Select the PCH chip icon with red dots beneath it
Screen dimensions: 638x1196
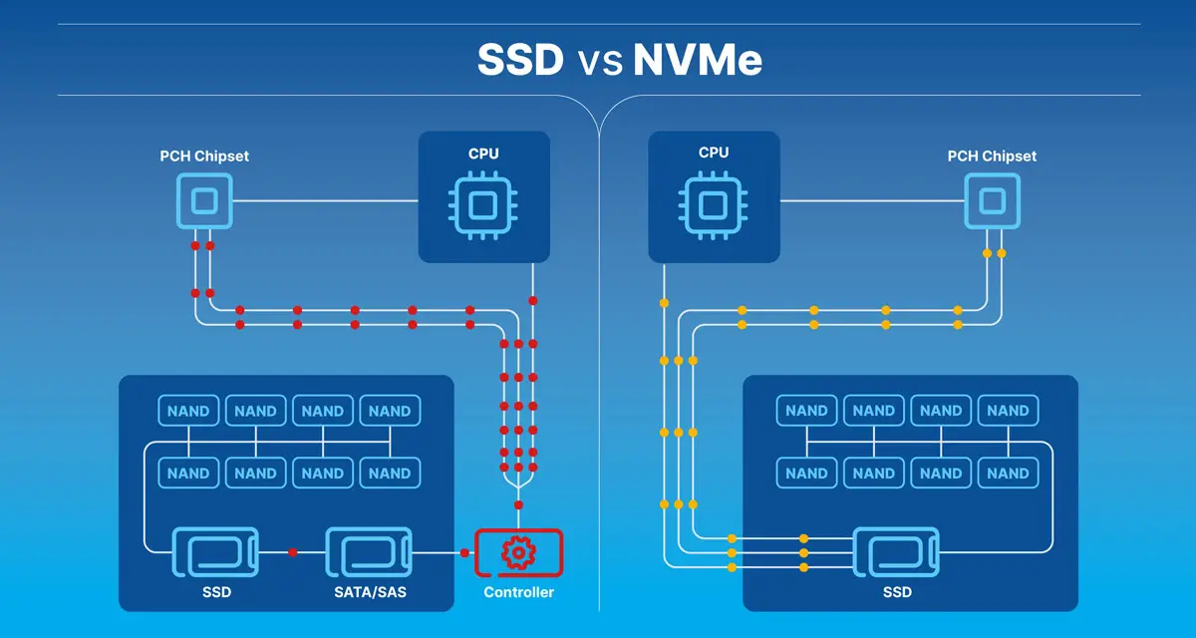(204, 202)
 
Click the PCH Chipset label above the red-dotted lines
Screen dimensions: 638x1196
(204, 157)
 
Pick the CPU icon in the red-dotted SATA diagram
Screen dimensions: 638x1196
(483, 205)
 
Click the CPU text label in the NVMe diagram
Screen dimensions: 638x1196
(714, 153)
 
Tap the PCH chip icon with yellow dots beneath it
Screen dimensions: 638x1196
(992, 202)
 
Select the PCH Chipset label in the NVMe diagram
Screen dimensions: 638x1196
(992, 157)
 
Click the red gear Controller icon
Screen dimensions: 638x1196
(518, 552)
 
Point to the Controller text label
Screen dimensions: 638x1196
(518, 592)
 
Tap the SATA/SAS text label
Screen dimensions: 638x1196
(370, 592)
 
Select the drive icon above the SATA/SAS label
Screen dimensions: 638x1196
(370, 552)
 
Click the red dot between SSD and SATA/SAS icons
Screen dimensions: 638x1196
(292, 552)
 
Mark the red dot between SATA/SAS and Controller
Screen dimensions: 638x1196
(464, 552)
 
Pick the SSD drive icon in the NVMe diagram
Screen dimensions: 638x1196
(896, 552)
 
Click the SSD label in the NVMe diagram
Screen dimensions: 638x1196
(896, 592)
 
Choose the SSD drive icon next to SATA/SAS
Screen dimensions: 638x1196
(215, 552)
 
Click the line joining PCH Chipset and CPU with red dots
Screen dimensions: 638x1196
(324, 202)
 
